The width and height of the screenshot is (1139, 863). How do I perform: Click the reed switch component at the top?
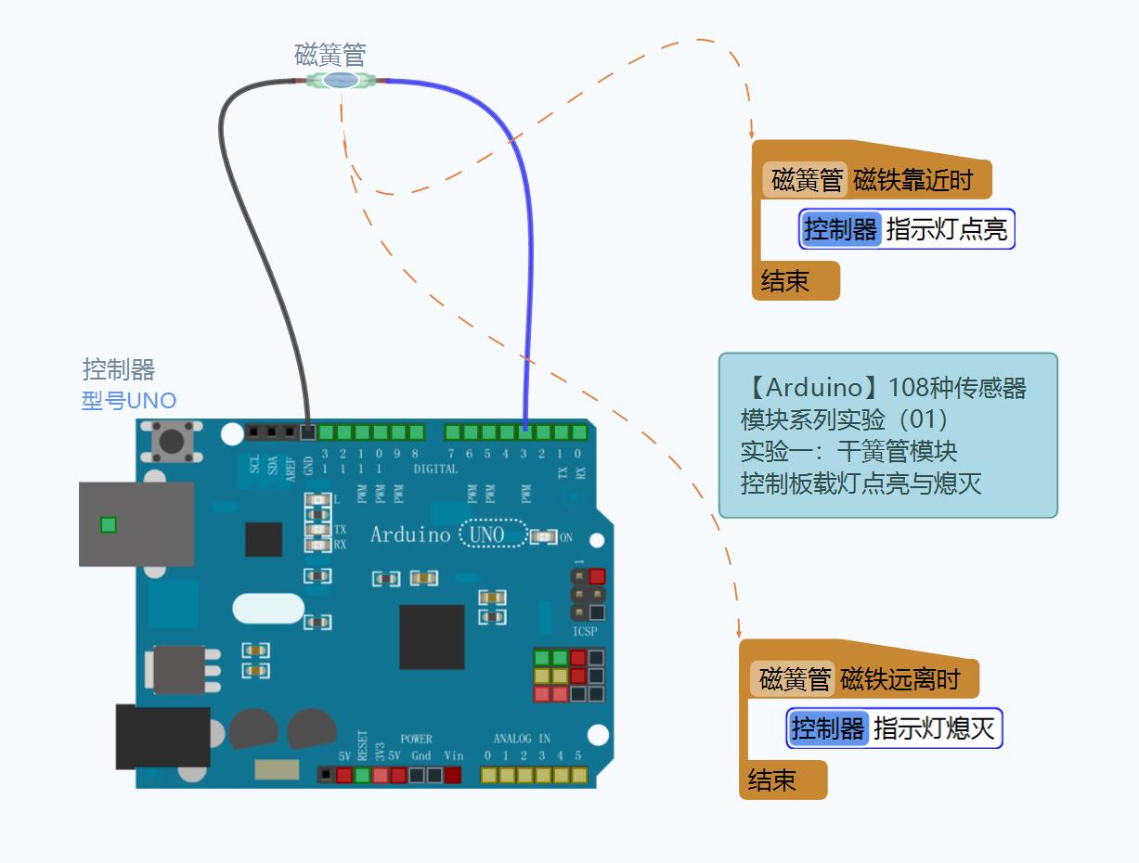(x=342, y=81)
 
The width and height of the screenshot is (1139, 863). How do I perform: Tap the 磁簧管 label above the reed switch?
(x=330, y=54)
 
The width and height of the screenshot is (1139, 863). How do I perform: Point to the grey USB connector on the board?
(x=136, y=524)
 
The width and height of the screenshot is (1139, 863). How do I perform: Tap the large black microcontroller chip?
(x=432, y=637)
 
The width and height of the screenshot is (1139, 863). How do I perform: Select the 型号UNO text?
(x=129, y=401)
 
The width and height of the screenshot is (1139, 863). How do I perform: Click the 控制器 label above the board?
(x=119, y=369)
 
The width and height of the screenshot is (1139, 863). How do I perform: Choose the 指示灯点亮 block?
(x=907, y=229)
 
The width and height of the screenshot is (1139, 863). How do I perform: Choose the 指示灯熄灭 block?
(x=894, y=728)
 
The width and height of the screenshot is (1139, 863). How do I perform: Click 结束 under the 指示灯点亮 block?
(x=785, y=281)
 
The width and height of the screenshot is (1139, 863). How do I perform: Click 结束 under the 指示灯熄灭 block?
(x=772, y=780)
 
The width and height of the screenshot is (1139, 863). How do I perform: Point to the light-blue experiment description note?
(x=887, y=434)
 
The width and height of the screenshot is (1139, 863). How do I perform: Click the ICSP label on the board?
(x=585, y=632)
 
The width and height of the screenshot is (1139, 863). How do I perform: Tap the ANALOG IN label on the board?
(x=522, y=739)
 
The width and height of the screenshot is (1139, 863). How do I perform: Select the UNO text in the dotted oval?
(x=487, y=535)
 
